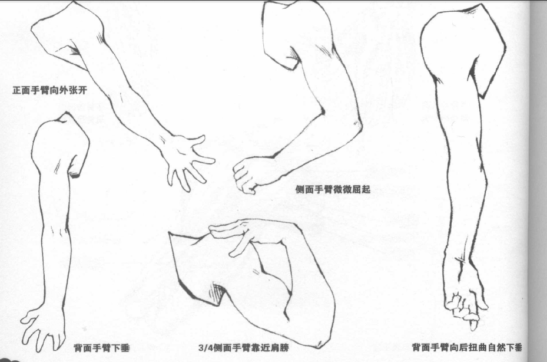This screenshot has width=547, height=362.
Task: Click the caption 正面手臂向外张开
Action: (x=50, y=91)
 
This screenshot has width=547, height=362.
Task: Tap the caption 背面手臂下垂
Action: (x=101, y=348)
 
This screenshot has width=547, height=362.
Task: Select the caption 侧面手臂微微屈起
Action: (x=333, y=189)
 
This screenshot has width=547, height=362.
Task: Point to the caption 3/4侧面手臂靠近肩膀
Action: (x=244, y=348)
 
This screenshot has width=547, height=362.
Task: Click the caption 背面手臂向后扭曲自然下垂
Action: (x=467, y=347)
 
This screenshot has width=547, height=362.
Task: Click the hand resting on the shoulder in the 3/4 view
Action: (x=241, y=235)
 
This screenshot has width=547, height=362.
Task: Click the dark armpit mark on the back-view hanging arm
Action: (x=74, y=174)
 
